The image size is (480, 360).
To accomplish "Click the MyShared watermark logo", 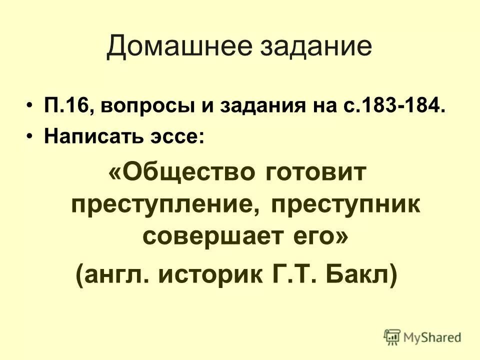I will (422, 337).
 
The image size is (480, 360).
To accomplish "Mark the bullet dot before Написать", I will (31, 136).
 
